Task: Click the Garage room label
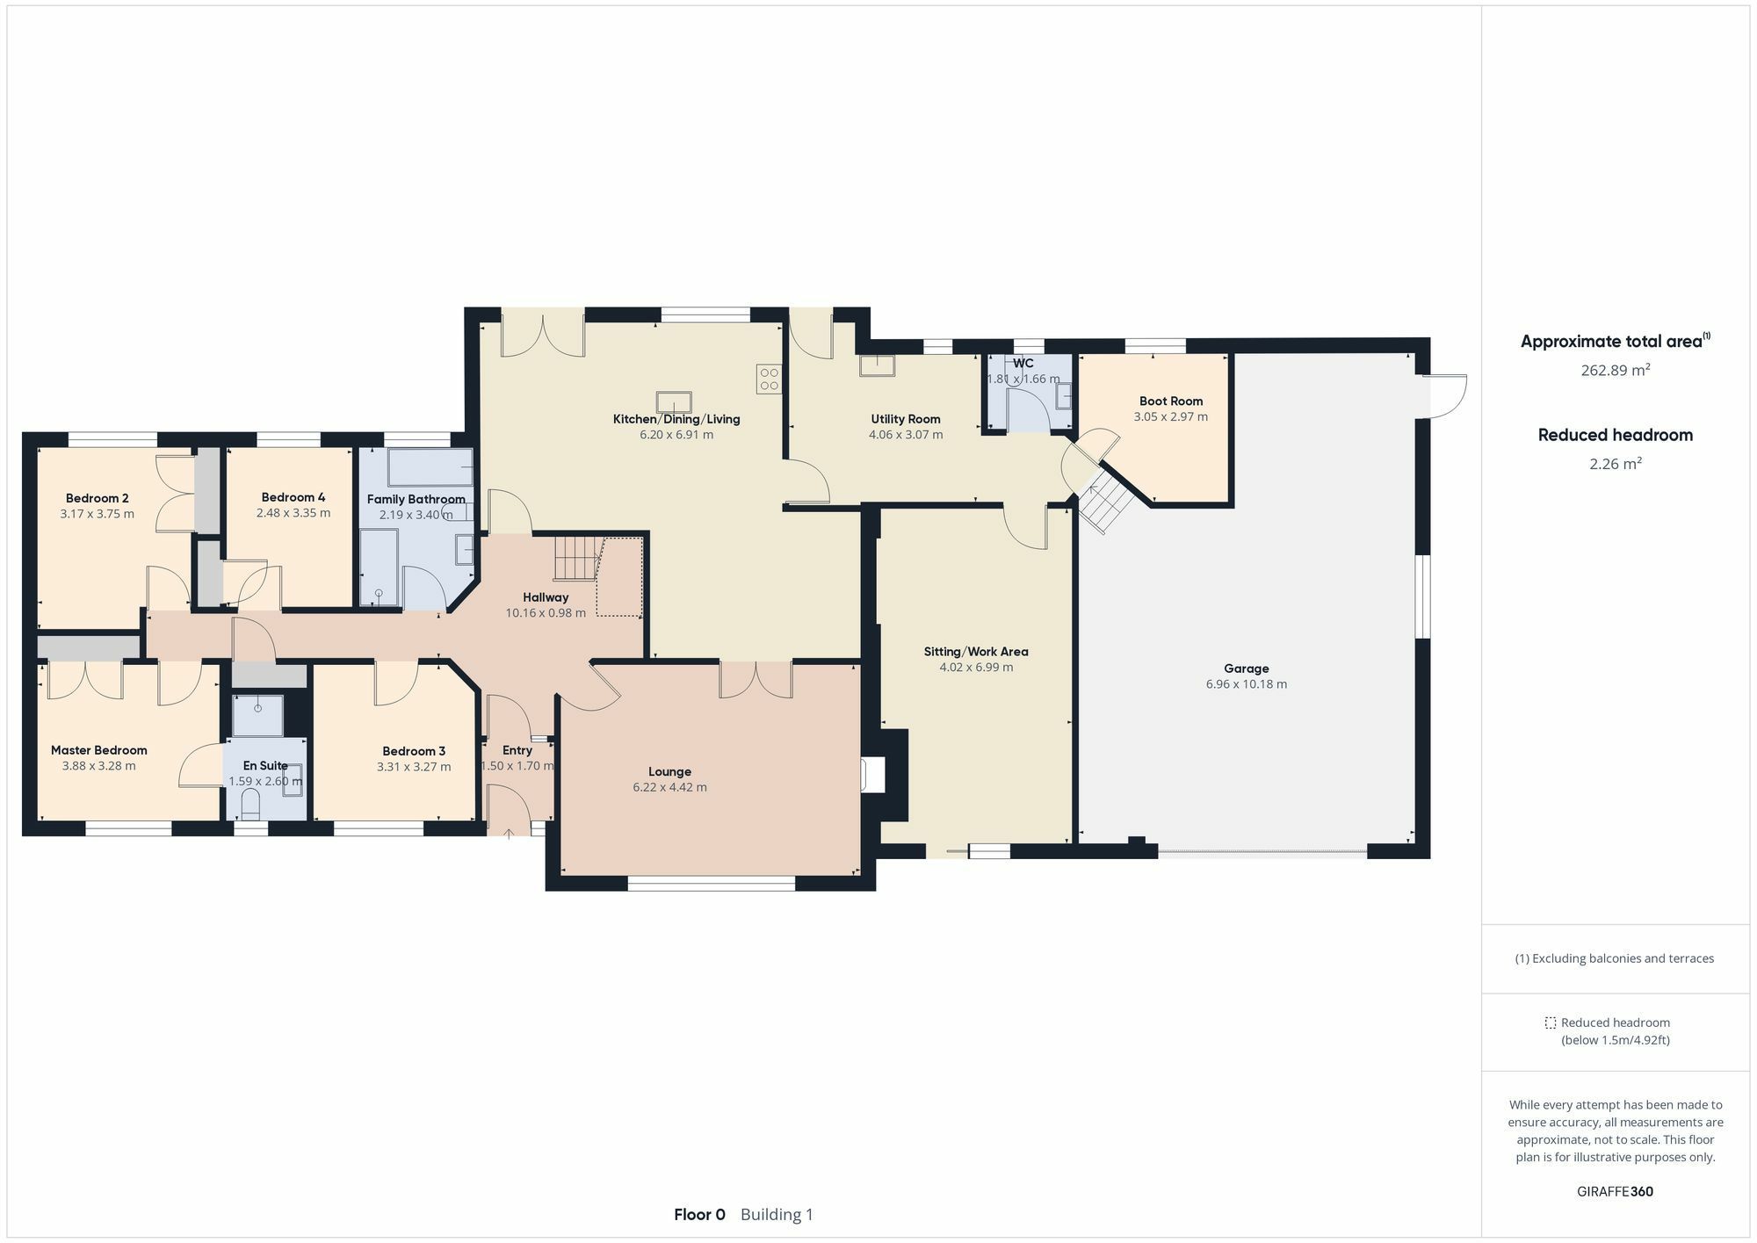(x=1246, y=668)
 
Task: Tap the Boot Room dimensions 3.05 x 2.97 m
(x=1170, y=416)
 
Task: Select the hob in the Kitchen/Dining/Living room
(x=769, y=379)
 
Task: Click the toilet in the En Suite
(x=250, y=803)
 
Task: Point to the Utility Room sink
(x=877, y=365)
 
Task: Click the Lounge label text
(x=669, y=772)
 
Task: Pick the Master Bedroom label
(x=98, y=750)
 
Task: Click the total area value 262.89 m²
(x=1616, y=370)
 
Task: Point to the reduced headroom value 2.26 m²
(x=1616, y=463)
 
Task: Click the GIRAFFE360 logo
(x=1615, y=1191)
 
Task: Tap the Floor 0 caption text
(x=699, y=1215)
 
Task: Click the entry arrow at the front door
(x=509, y=832)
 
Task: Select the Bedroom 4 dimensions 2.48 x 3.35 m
(x=293, y=513)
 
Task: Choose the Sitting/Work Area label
(x=975, y=652)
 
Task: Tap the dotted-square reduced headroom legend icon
(x=1551, y=1023)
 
